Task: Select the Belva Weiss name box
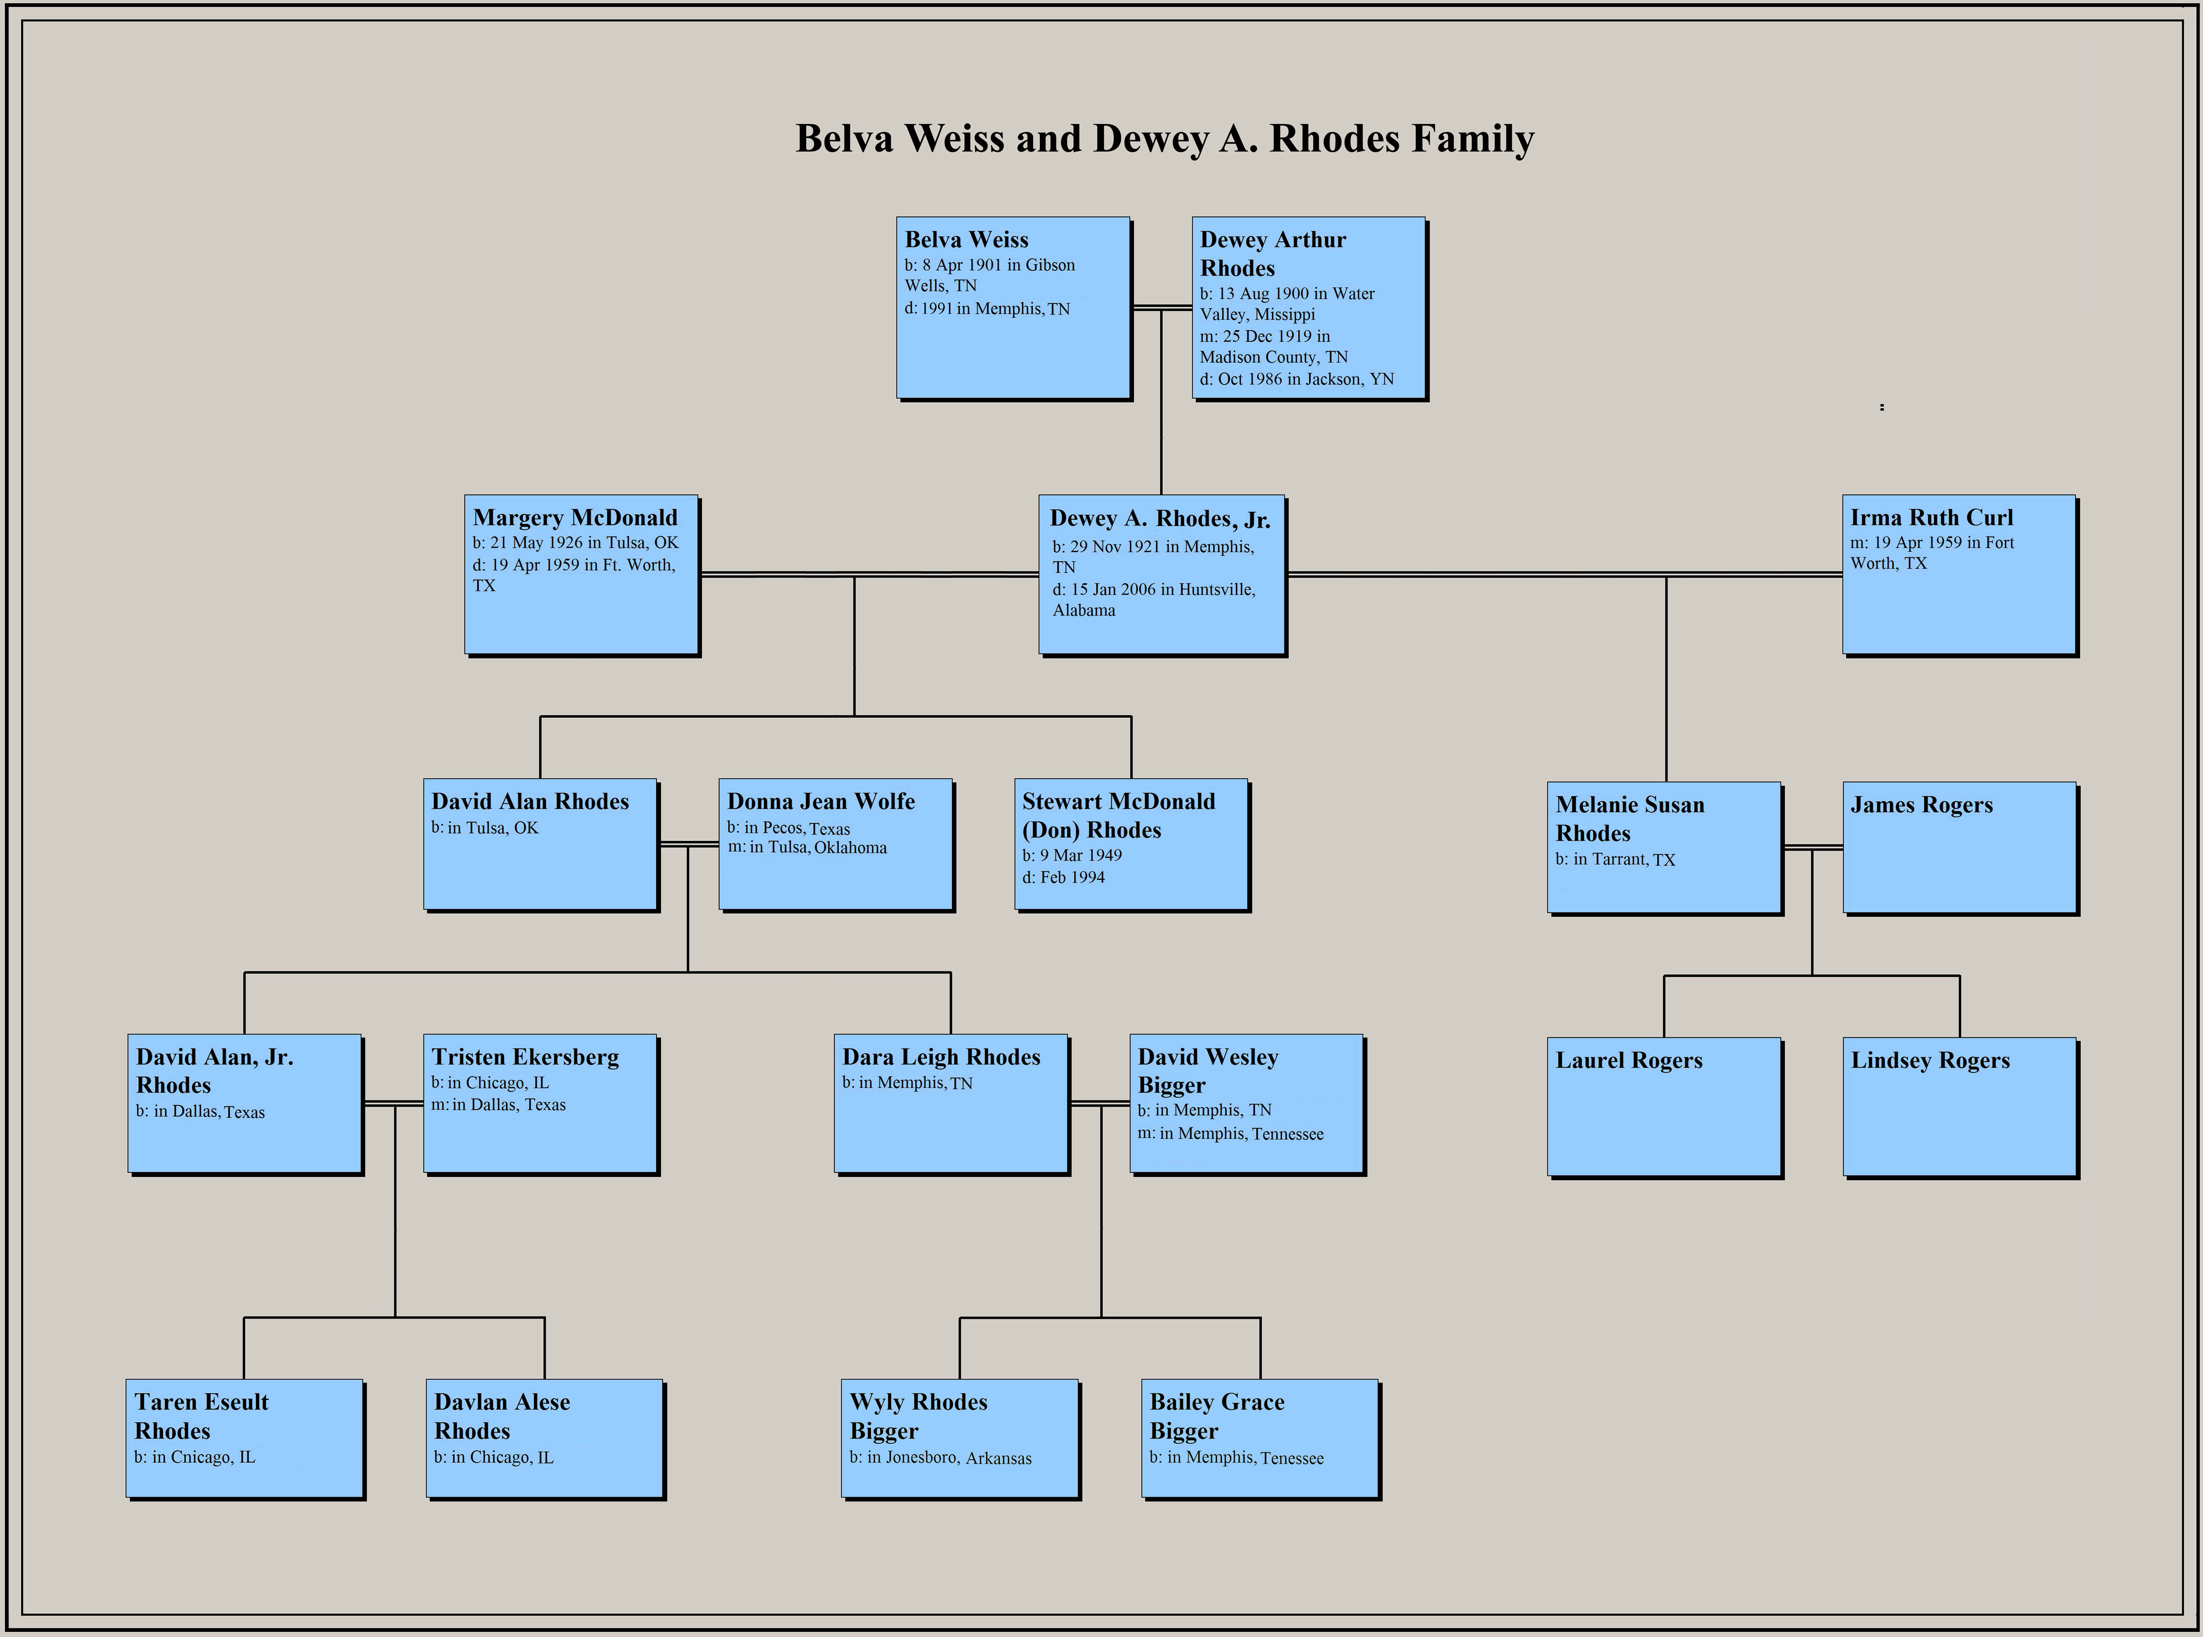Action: click(1012, 307)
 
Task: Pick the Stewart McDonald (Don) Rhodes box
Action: click(1131, 844)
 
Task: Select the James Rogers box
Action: click(1959, 847)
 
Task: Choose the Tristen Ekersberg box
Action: click(540, 1103)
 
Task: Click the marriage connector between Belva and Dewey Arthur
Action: click(1161, 308)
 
